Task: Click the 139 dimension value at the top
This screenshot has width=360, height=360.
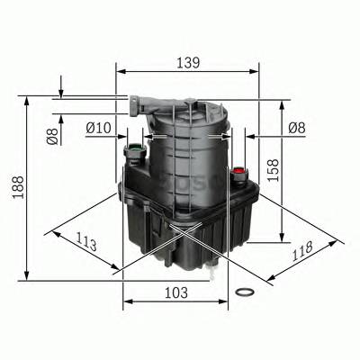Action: pos(187,64)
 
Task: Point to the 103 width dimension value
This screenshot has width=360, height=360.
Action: pos(175,292)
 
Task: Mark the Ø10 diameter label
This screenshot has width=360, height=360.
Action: pos(97,129)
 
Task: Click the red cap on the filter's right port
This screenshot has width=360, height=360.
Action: pos(238,169)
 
